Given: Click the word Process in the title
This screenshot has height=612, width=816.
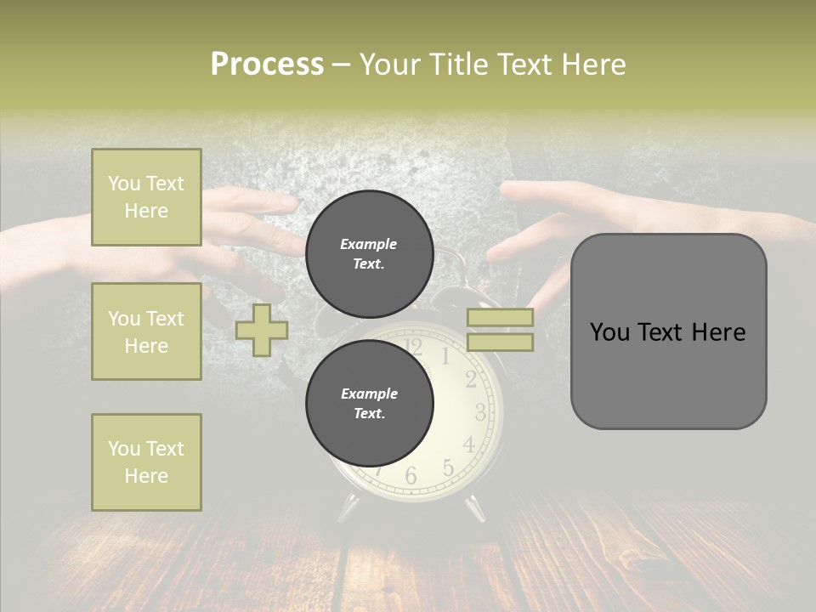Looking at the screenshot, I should coord(267,65).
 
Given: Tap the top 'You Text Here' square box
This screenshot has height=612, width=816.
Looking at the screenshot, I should coord(146,197).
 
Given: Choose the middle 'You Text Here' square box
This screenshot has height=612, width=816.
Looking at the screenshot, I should coord(146,331).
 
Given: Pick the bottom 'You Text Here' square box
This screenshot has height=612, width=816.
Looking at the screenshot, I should coord(146,462).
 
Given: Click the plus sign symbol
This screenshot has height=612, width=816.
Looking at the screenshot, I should coord(262,330).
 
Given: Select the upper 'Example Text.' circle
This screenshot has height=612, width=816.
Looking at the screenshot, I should coord(369,253).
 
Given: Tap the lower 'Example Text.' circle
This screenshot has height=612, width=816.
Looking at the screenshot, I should coord(369,403).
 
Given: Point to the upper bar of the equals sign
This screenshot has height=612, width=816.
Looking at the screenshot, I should coord(500,317).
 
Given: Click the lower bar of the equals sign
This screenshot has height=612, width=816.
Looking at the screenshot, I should coord(500,343).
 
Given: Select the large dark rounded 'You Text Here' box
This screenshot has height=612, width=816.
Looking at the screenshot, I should coord(668,331).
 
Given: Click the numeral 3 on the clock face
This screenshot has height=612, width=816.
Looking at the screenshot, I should coord(480,413).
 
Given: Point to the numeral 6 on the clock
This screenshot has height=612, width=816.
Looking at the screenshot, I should coord(411,476).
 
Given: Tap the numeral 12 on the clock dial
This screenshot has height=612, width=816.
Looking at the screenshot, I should coord(413,345).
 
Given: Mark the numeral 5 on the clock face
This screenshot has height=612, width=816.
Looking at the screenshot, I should coord(448,467).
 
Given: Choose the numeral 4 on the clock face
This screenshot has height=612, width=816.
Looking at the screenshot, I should coord(468,445).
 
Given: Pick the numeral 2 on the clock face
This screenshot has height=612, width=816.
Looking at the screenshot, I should coord(471,380).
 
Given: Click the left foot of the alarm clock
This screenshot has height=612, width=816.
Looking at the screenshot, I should coord(348,507).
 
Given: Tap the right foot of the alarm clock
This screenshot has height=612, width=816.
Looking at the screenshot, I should coord(474,507).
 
